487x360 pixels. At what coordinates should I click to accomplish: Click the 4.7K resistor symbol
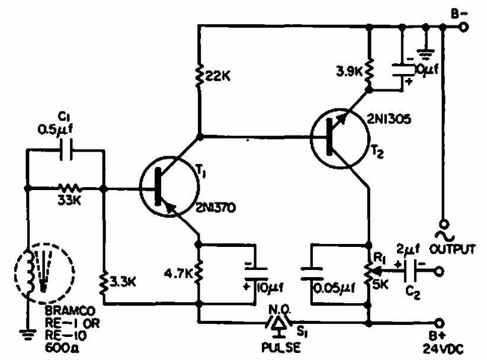[x=200, y=274]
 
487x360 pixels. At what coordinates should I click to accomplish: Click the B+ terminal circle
[x=439, y=323]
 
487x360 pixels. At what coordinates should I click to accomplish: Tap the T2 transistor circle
[x=335, y=139]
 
